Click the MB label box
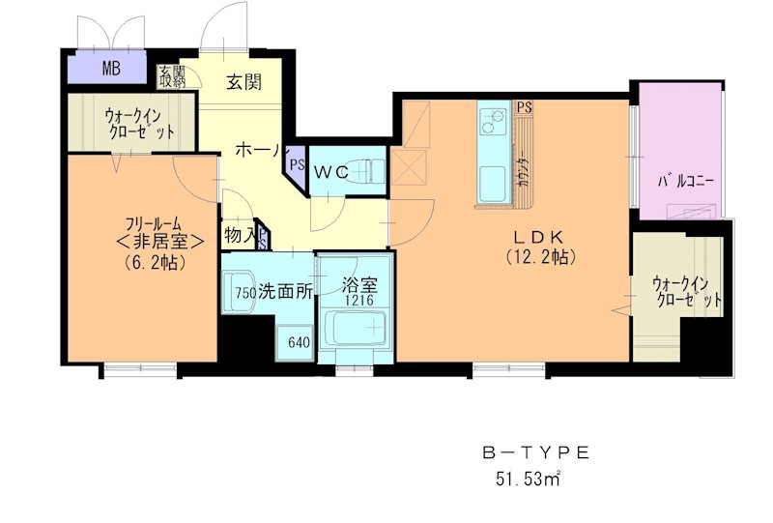(112, 70)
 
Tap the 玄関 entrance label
(244, 83)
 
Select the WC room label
(329, 172)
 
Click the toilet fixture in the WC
(370, 170)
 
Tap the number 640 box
(298, 341)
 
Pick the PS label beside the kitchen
(524, 107)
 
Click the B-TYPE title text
(534, 452)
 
